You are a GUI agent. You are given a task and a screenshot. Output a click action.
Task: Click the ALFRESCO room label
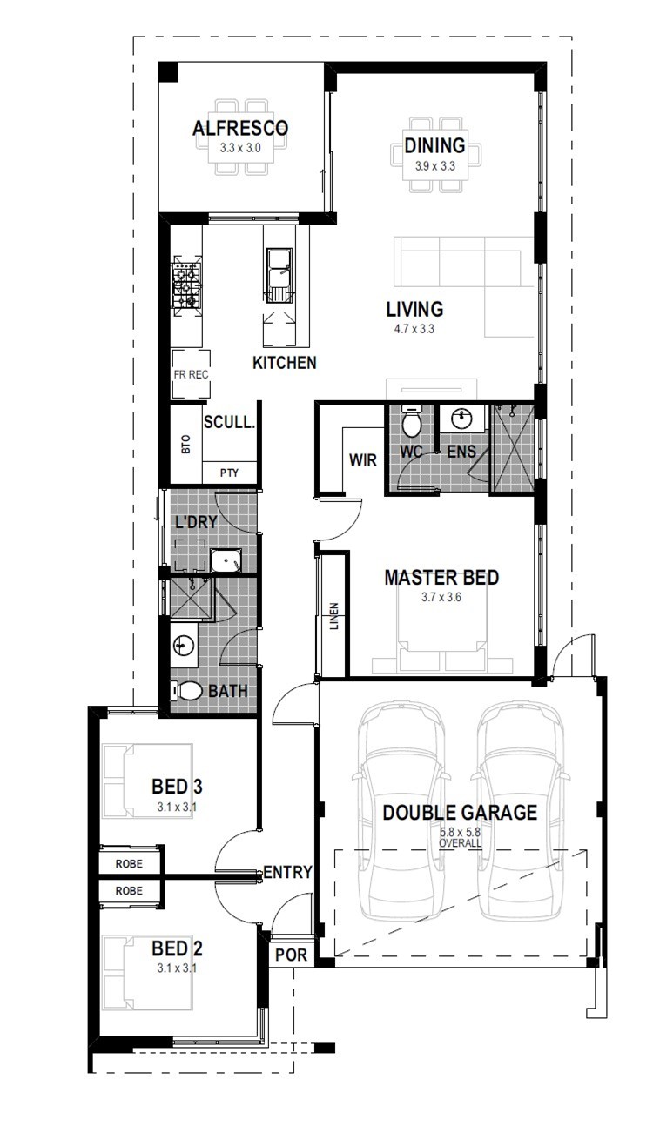pos(240,128)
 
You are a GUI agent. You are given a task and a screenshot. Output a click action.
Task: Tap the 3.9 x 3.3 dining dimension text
pos(434,166)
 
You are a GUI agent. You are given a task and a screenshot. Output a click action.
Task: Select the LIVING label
pos(414,309)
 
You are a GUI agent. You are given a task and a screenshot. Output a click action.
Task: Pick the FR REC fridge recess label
pos(191,374)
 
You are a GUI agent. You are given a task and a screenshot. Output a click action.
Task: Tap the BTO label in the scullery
pos(185,445)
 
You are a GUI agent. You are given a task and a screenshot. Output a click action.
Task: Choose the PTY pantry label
pos(229,473)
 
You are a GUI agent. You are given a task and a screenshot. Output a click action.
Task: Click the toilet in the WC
pos(413,421)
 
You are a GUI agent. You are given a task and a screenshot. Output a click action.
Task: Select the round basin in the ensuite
pos(462,419)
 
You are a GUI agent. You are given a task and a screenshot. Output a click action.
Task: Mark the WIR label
pos(363,460)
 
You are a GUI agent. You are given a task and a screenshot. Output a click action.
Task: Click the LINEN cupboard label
pos(334,616)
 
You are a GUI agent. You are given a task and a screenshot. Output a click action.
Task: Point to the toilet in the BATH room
pos(185,691)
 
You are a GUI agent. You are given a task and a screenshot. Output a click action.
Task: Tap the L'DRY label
pos(196,522)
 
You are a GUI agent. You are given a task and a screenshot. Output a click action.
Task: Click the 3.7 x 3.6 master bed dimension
pos(441,597)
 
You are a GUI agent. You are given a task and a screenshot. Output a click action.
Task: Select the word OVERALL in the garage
pos(460,843)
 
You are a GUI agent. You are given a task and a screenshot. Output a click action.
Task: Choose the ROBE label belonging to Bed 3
pos(129,864)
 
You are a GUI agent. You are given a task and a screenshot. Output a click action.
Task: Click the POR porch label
pos(291,955)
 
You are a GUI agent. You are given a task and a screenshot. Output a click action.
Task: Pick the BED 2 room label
pos(177,948)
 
